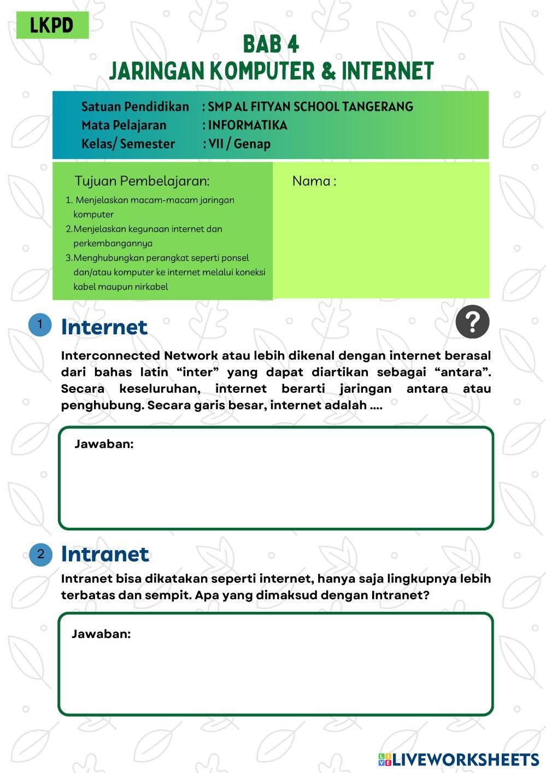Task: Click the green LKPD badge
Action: [x=52, y=25]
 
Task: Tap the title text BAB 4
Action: [x=271, y=44]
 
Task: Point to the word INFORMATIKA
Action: [x=248, y=125]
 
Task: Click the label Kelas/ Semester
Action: [x=128, y=144]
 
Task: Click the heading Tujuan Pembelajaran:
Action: [x=142, y=181]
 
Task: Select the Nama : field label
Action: [x=314, y=181]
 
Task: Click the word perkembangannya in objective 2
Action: [x=113, y=243]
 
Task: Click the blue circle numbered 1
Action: [x=40, y=324]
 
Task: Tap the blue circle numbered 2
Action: [x=40, y=554]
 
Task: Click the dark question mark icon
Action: [x=472, y=322]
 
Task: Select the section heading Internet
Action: [x=104, y=327]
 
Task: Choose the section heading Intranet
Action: [x=105, y=554]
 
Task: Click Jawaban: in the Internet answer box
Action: [x=104, y=444]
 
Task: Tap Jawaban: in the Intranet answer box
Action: [x=101, y=634]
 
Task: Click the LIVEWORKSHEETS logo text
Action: [x=465, y=759]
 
